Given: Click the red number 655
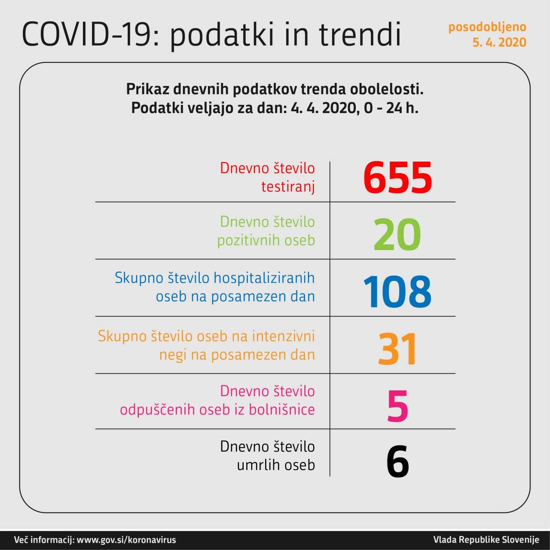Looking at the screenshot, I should click(397, 177).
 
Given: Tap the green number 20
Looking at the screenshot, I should click(397, 235).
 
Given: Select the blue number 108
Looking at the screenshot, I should click(397, 292).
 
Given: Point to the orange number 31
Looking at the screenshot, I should click(397, 349).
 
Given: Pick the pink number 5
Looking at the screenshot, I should click(397, 406).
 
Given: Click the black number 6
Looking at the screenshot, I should click(397, 462).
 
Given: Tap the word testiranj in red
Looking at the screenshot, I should click(288, 187).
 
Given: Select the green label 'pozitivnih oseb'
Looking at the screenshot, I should click(266, 240).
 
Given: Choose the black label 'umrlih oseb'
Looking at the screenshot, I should click(276, 465).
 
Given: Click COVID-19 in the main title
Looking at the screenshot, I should click(86, 34).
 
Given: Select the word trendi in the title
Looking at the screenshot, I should click(360, 34).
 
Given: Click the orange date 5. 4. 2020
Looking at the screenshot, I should click(499, 42).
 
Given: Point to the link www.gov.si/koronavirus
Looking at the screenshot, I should click(126, 540).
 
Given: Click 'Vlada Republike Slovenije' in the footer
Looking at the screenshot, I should click(486, 540).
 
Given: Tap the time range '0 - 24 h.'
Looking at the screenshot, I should click(391, 108).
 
